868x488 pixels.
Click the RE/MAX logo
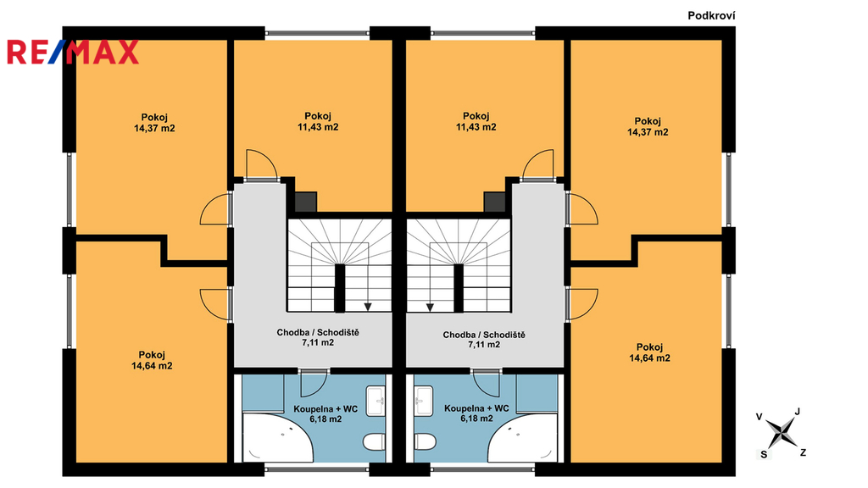pyautogui.click(x=73, y=52)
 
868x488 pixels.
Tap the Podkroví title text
pyautogui.click(x=711, y=16)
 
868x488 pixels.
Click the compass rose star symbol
pyautogui.click(x=782, y=432)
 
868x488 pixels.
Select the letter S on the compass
pyautogui.click(x=764, y=454)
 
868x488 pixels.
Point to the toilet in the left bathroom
pyautogui.click(x=374, y=441)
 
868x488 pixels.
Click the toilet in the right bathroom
pyautogui.click(x=426, y=441)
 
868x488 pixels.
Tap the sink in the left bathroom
pyautogui.click(x=376, y=401)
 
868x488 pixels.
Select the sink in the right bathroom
pyautogui.click(x=424, y=401)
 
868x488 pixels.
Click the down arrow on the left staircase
pyautogui.click(x=368, y=307)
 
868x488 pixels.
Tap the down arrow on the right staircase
pyautogui.click(x=430, y=307)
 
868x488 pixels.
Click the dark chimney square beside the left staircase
pyautogui.click(x=305, y=202)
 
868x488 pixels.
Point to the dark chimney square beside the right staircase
pyautogui.click(x=495, y=202)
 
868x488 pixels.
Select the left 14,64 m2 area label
pyautogui.click(x=152, y=366)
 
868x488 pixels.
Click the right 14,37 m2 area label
pyautogui.click(x=648, y=132)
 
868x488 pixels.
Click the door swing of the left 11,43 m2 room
pyautogui.click(x=261, y=164)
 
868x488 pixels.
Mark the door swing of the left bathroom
pyautogui.click(x=314, y=384)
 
